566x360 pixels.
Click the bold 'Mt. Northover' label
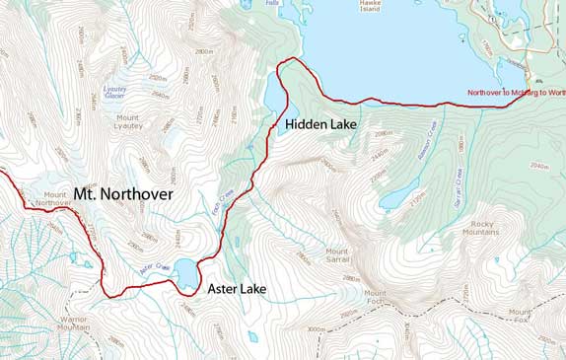click(x=123, y=194)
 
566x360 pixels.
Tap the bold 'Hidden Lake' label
click(x=322, y=125)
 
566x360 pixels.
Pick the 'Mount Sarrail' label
click(x=337, y=254)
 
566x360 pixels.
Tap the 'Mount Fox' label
click(x=520, y=316)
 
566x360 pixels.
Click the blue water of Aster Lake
click(x=186, y=270)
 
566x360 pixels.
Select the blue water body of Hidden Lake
click(x=273, y=94)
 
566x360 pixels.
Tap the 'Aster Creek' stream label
click(x=156, y=267)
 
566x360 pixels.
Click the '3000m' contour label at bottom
click(x=316, y=329)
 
